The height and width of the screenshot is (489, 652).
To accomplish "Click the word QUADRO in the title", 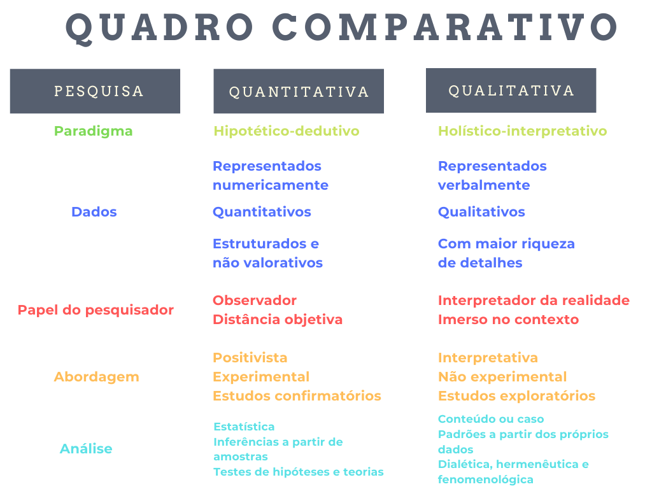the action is click(160, 28).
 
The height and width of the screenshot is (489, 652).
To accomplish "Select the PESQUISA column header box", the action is click(96, 91).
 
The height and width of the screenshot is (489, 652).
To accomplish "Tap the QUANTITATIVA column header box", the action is click(299, 91).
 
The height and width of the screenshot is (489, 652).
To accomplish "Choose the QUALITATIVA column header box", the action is click(511, 90).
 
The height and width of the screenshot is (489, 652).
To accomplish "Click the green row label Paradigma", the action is click(93, 131).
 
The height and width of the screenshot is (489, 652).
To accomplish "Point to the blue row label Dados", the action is click(94, 211).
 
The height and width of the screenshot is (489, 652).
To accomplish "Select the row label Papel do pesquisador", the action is click(96, 310).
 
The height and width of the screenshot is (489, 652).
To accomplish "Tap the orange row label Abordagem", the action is click(97, 377).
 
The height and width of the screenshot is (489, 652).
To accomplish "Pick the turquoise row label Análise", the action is click(86, 448).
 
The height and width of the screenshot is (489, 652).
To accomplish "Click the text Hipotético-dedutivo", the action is click(287, 131).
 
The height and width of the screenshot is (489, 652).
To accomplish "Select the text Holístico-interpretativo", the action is click(523, 131).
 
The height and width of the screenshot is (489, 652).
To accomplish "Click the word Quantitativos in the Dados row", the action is click(262, 211).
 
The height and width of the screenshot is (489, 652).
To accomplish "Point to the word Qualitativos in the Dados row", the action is click(481, 211).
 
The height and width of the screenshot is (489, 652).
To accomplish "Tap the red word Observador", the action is click(255, 301).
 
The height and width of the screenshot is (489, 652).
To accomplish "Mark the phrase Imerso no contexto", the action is click(509, 320).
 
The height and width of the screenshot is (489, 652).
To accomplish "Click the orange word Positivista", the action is click(250, 358).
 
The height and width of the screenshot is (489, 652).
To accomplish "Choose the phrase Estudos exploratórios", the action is click(517, 396).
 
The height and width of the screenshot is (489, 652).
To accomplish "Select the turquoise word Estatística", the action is click(244, 427).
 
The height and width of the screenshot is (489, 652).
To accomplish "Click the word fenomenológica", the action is click(486, 479).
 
